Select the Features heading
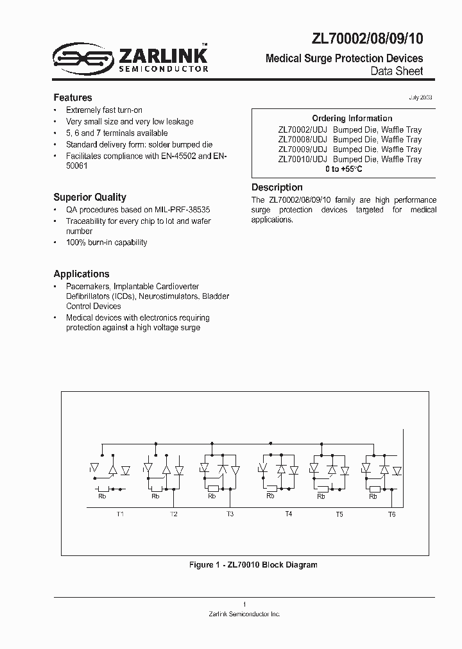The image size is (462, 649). coord(73,97)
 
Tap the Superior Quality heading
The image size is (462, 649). coord(89,198)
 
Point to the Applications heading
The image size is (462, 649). coord(81,274)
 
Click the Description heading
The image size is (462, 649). coord(277,187)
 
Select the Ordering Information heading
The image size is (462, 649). coord(352,119)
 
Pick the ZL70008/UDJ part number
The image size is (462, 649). coord(302,139)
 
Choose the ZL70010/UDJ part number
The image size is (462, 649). coord(302,159)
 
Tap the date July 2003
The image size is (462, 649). coord(420,97)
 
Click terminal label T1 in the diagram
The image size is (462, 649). coord(120,514)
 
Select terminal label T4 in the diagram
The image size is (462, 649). coord(288,514)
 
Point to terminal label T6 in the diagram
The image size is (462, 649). coord(391,514)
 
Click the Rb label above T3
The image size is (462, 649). coord(212,496)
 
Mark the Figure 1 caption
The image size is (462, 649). coord(253,565)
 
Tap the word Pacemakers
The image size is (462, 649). coord(89,286)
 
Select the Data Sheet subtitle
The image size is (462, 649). coord(397,71)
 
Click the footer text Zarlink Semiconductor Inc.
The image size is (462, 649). coord(244,614)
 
